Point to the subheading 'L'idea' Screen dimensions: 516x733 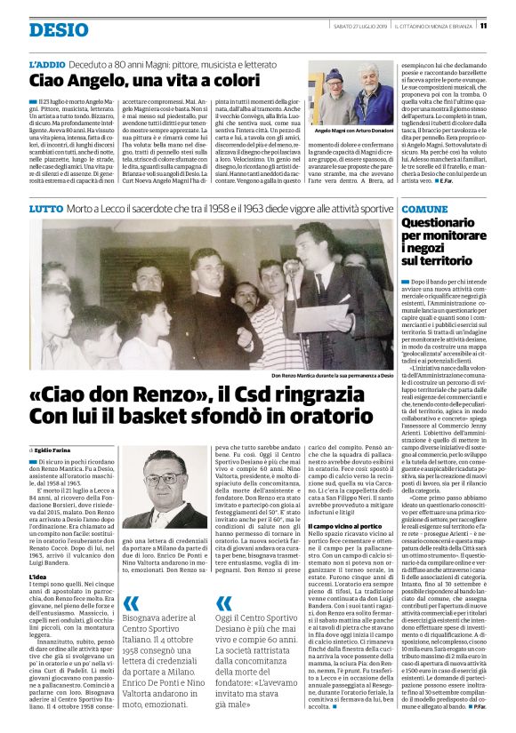tap(38, 577)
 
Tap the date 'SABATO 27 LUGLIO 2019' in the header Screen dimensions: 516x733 tap(369, 26)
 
